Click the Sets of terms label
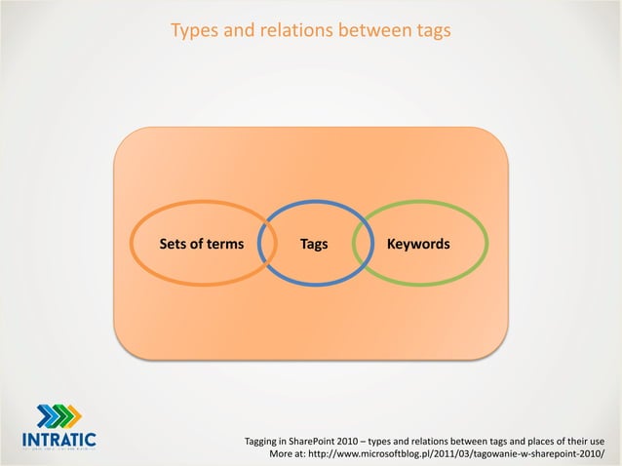pos(202,244)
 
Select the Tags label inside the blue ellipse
pos(314,244)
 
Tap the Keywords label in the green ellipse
pos(418,244)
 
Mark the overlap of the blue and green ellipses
pos(364,244)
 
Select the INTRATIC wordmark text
pos(58,440)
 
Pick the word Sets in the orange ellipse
pos(173,244)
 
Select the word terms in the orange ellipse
pos(224,244)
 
